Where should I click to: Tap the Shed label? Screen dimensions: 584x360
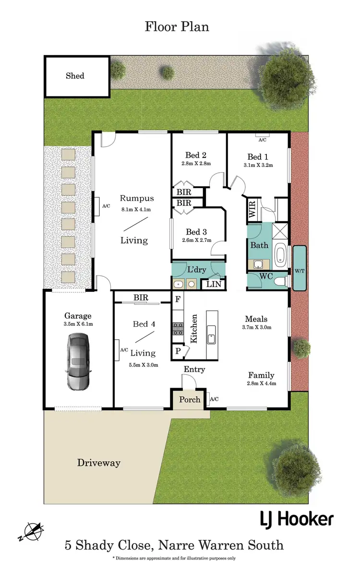click(x=75, y=76)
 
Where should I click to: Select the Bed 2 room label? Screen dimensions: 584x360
click(x=196, y=155)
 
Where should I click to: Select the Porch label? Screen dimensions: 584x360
click(x=190, y=399)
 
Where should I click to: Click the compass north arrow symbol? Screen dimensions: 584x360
click(x=32, y=531)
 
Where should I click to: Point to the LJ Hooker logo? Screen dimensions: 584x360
click(x=296, y=519)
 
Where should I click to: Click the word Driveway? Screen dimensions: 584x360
click(x=99, y=463)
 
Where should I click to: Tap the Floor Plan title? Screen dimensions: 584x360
click(x=177, y=27)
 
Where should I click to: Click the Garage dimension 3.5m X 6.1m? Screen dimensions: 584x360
click(x=78, y=324)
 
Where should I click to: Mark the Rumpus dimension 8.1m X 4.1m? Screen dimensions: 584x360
click(x=136, y=209)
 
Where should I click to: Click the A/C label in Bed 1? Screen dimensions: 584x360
click(x=262, y=140)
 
